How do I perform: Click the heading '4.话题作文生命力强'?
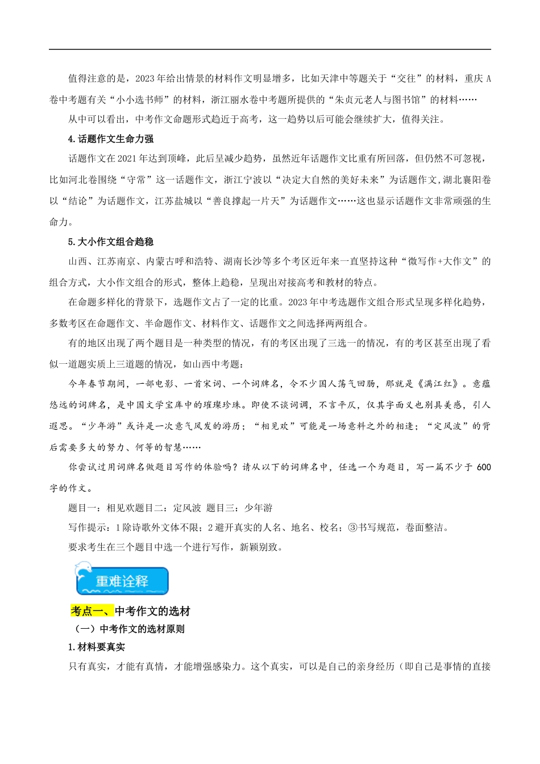click(111, 139)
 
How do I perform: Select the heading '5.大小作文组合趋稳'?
click(111, 242)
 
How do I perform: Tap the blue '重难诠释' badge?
click(122, 580)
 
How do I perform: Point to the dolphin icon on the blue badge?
click(84, 569)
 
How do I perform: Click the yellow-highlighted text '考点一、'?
click(92, 611)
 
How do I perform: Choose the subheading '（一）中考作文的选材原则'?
click(130, 629)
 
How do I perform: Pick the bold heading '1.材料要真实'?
click(97, 647)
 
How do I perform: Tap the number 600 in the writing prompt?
click(484, 467)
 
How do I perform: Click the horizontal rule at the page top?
click(270, 49)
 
